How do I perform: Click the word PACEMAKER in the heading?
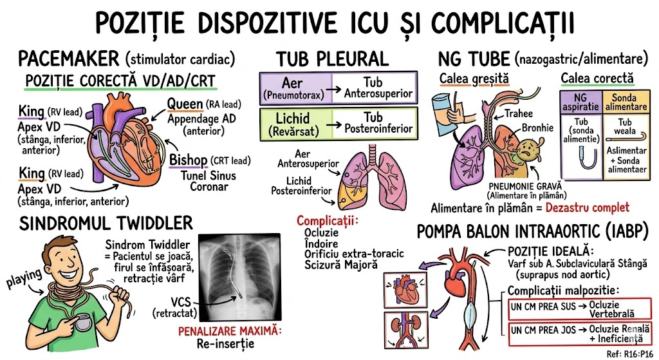[69, 58]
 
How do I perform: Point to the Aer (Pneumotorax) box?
[295, 88]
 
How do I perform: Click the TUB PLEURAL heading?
[333, 59]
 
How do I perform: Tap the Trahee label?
[518, 113]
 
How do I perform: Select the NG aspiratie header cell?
[581, 100]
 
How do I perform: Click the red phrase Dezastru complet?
[587, 208]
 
